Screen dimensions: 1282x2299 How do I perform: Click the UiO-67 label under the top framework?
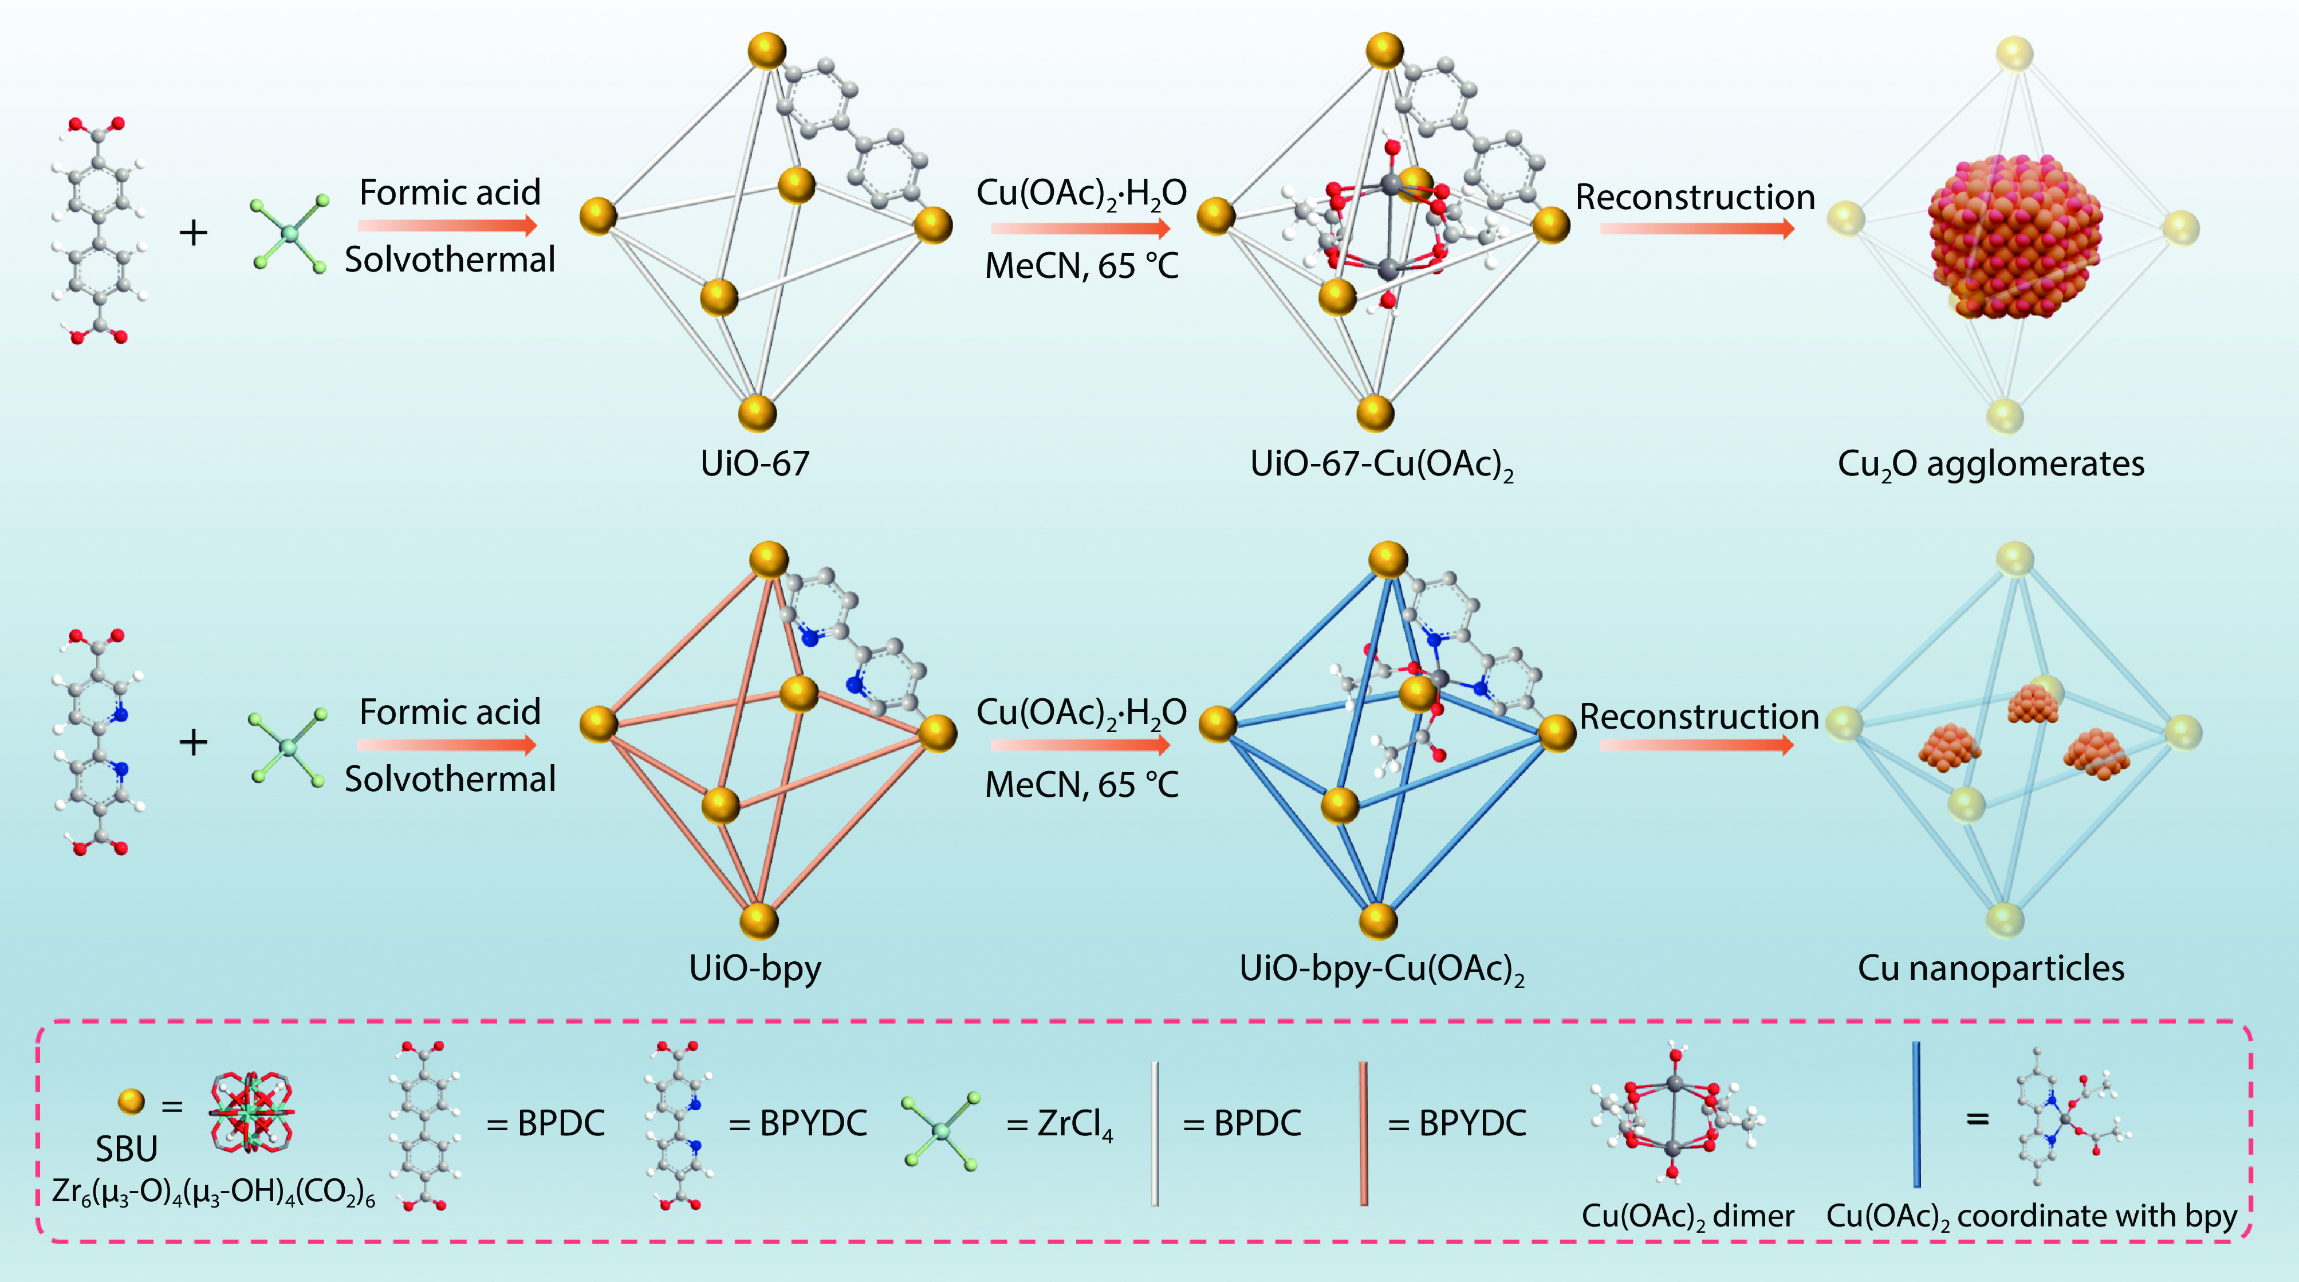[755, 463]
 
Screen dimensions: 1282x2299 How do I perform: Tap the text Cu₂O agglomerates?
[1990, 464]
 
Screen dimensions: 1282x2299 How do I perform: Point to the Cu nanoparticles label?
[1990, 968]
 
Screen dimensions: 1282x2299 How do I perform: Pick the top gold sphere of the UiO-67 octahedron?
[767, 51]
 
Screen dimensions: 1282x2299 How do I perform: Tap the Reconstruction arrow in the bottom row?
[1696, 745]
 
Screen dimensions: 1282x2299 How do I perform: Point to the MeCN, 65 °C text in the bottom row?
[1082, 785]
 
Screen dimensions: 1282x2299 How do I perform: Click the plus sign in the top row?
[194, 233]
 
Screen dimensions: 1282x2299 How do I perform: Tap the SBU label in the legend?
[126, 1149]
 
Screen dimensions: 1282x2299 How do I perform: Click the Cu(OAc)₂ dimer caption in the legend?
[1687, 1217]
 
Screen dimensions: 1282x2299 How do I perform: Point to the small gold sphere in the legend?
[131, 1102]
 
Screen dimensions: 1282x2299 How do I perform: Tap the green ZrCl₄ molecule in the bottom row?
[288, 747]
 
